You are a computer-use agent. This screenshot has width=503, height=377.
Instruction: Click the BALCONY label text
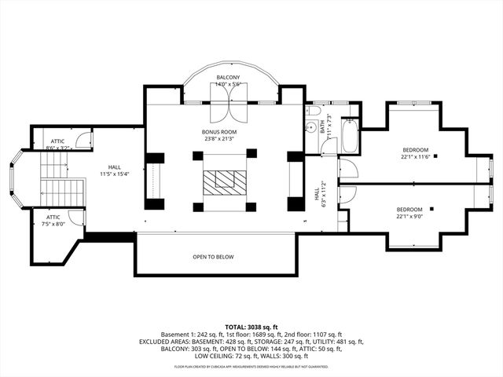point(229,77)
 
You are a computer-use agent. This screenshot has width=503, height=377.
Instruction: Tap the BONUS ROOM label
point(219,131)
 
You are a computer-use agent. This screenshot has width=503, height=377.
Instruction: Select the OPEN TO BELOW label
point(213,257)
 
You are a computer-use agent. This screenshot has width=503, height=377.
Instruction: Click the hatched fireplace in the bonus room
point(224,182)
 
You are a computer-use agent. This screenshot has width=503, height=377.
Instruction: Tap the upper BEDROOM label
point(416,150)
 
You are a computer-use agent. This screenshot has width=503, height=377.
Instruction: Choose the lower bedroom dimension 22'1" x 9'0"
point(414,217)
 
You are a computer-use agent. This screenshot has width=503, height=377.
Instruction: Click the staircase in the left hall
point(62,179)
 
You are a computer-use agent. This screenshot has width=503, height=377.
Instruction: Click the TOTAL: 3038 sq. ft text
point(251,327)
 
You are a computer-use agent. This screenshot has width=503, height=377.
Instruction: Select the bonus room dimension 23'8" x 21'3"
point(219,139)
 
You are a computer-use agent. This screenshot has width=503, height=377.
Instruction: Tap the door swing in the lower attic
point(75,218)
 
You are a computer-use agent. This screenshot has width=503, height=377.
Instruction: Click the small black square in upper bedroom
point(435,156)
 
